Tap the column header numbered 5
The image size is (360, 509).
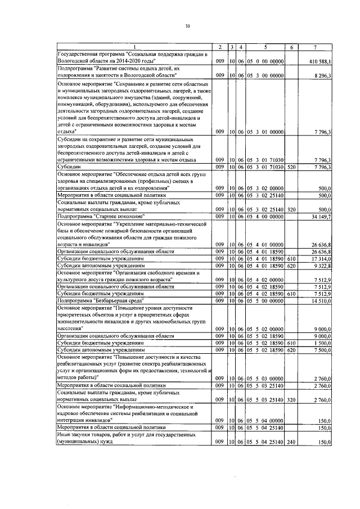coord(264,46)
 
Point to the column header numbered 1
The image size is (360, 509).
coord(134,46)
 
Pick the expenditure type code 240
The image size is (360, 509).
coord(291,442)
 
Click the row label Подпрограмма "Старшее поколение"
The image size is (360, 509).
coord(101,217)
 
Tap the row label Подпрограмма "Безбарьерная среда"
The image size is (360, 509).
coord(103,301)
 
